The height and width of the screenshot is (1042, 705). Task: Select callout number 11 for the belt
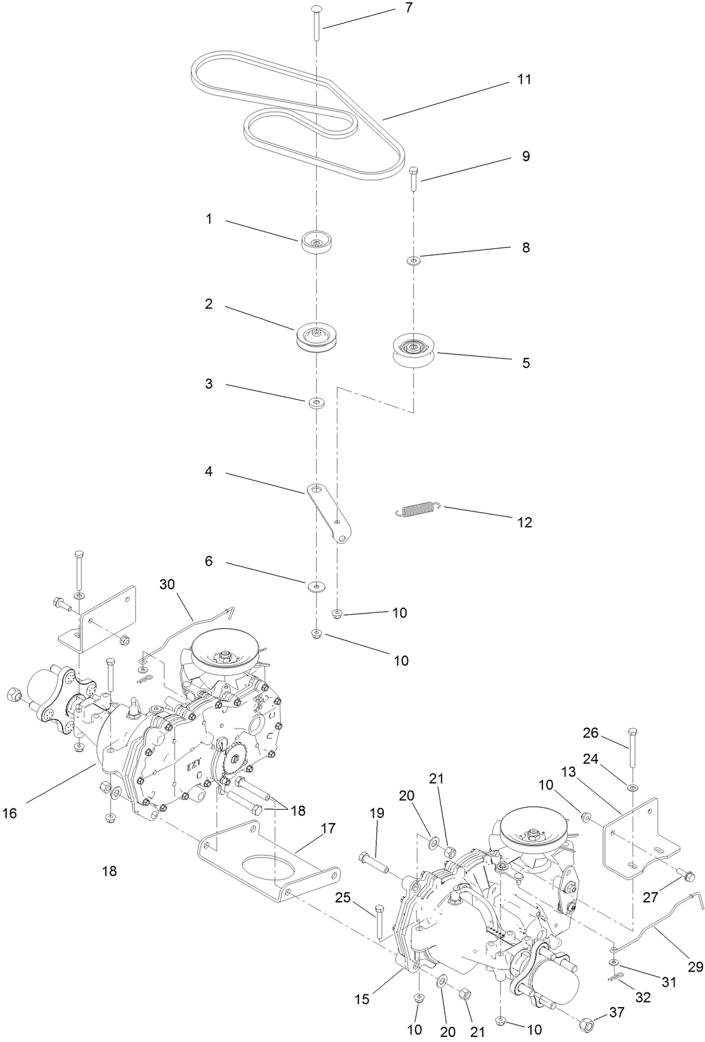(x=524, y=80)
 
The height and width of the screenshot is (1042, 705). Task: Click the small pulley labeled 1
(x=317, y=242)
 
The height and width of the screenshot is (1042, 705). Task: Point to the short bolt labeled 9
(x=413, y=178)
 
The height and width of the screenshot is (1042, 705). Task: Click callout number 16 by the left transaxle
(x=10, y=812)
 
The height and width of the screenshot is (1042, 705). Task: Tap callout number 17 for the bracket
(x=328, y=829)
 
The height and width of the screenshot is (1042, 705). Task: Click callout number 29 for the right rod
(x=695, y=967)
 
